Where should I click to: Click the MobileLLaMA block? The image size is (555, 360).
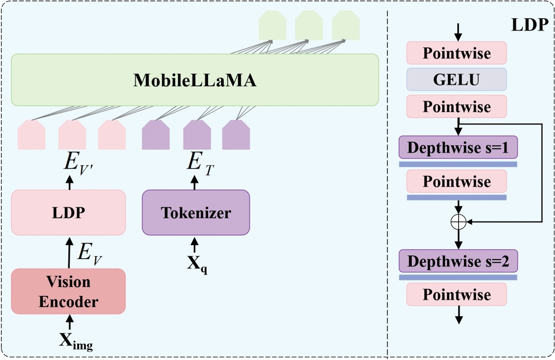[x=195, y=80]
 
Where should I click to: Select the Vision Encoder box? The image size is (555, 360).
[x=69, y=291]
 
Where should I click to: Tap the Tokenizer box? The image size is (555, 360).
[x=196, y=213]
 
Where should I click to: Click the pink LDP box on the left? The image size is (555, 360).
[x=69, y=213]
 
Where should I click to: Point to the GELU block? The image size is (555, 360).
[x=456, y=80]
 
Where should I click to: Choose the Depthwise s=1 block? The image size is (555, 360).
[x=458, y=147]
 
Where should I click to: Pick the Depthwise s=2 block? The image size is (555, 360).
[x=458, y=260]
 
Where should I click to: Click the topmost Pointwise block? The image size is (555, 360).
[x=456, y=53]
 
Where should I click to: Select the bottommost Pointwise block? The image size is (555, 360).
[x=456, y=295]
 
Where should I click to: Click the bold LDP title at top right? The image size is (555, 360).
[x=529, y=25]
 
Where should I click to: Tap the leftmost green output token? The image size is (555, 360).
[x=272, y=26]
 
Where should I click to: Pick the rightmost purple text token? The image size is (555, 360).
[x=236, y=135]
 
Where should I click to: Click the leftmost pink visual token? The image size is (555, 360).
[x=31, y=135]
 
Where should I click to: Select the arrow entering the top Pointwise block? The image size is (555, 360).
[x=458, y=30]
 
